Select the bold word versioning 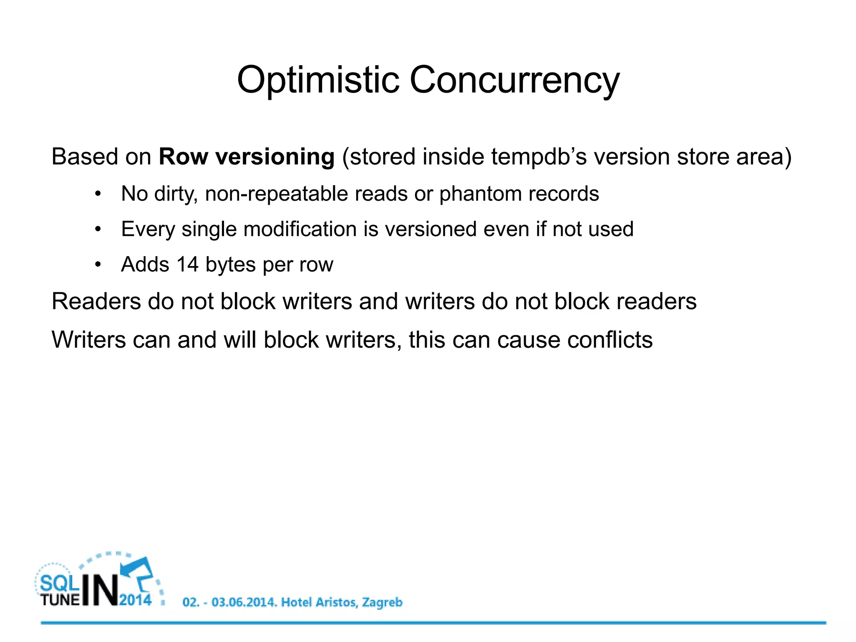pos(275,157)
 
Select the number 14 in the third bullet pos(187,264)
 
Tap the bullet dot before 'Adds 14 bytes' pos(98,265)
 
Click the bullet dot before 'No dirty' pos(98,194)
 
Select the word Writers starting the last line pos(88,339)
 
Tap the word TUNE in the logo pos(60,600)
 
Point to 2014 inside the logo pos(135,600)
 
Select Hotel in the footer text pos(297,602)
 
